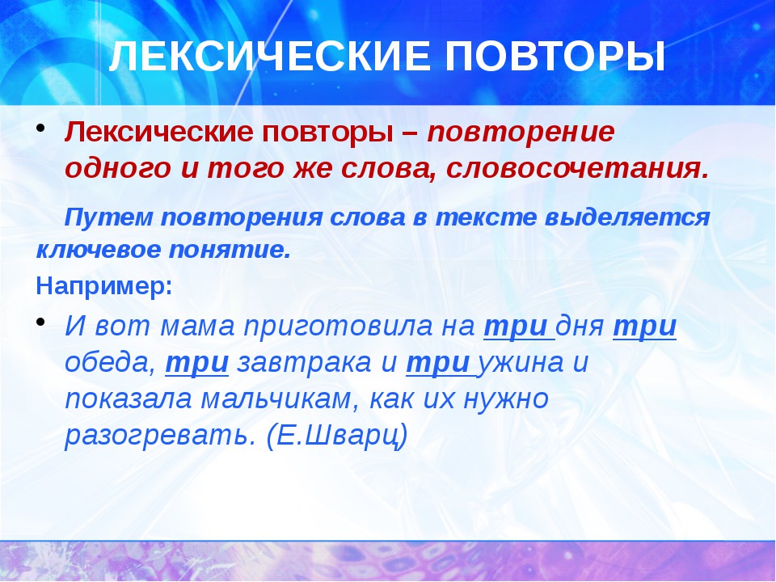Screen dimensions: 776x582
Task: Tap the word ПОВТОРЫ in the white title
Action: point(555,56)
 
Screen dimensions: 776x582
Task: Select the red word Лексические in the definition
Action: point(159,132)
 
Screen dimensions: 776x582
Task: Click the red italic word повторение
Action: point(521,133)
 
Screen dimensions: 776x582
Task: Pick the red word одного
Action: point(118,169)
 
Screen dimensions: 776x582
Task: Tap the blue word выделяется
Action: point(627,217)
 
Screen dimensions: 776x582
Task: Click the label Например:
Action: point(104,286)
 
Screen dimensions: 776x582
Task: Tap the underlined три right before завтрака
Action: point(197,363)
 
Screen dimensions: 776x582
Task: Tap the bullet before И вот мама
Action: point(40,323)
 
